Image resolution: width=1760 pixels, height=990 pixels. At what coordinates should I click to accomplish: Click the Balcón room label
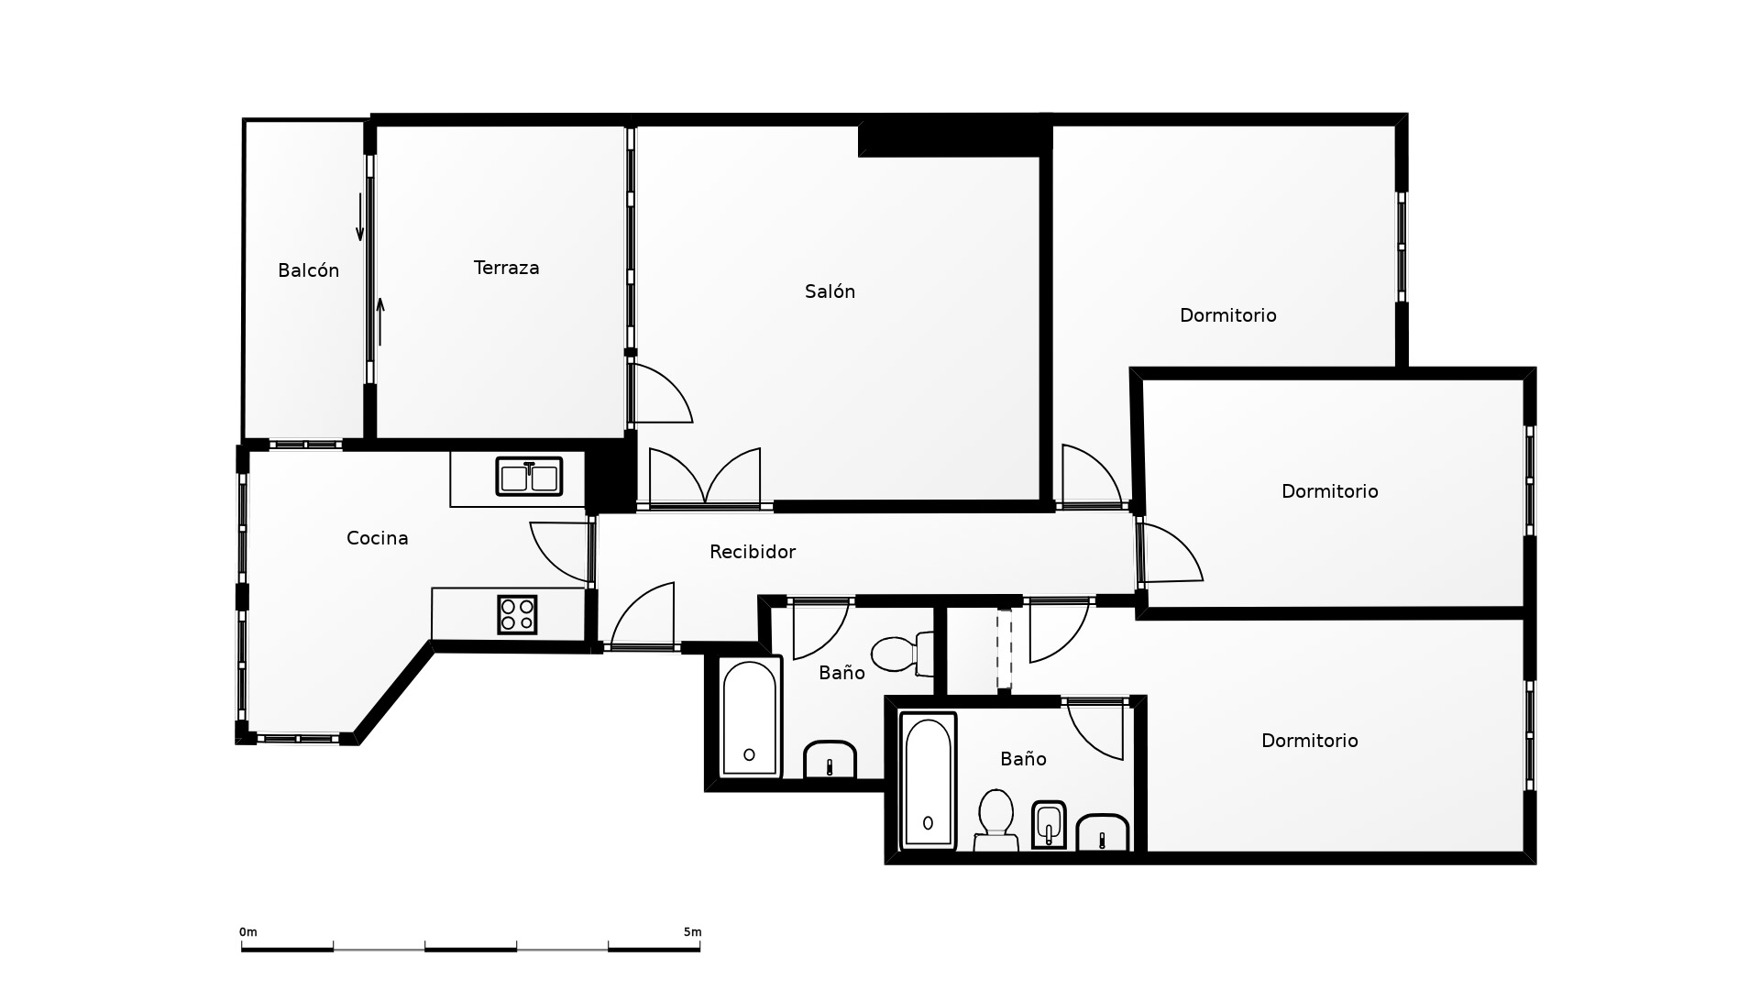[308, 270]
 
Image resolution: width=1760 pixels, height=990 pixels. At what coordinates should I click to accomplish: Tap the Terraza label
[506, 268]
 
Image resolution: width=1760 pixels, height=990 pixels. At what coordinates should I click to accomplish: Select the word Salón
[830, 291]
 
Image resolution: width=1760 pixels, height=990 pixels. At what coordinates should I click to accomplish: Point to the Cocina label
[377, 538]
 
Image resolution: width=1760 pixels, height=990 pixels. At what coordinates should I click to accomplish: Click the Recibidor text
[753, 552]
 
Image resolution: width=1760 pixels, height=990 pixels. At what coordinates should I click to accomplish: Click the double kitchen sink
[529, 477]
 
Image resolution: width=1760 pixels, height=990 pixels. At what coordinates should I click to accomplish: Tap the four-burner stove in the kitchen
[517, 614]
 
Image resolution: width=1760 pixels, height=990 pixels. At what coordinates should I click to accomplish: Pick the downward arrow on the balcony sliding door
[359, 221]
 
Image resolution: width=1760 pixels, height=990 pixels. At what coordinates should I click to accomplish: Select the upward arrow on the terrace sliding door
[379, 322]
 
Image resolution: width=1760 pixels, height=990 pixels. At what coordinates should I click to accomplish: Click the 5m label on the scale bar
[692, 932]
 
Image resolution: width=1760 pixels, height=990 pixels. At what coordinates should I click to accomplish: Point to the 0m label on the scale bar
[248, 932]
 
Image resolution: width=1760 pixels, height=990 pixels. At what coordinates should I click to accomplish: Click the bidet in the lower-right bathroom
[1049, 825]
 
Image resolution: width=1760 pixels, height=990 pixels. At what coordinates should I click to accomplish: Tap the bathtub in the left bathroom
[749, 718]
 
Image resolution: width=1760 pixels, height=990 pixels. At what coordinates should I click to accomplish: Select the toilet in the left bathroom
[902, 654]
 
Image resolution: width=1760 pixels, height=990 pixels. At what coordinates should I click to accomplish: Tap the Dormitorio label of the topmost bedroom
[1227, 315]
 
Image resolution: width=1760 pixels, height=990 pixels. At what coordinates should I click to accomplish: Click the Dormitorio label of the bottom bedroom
[1309, 741]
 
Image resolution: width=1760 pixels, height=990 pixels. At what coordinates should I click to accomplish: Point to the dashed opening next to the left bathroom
[1005, 649]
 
